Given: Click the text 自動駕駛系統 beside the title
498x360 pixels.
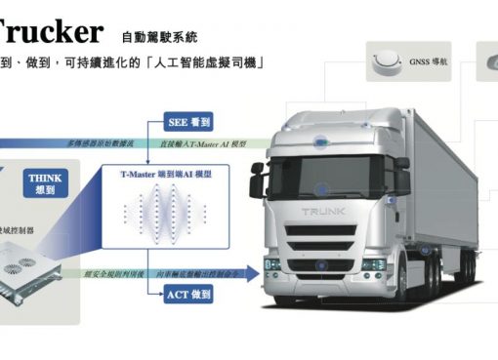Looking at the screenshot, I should click(x=160, y=38).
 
